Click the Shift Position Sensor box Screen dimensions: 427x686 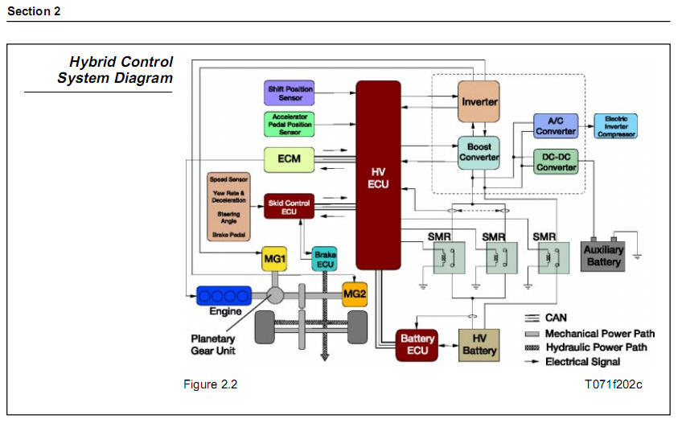click(x=290, y=92)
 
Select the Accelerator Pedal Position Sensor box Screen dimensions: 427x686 click(x=290, y=124)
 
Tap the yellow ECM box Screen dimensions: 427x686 click(x=290, y=158)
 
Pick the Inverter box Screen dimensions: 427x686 click(x=479, y=102)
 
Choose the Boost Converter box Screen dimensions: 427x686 click(x=479, y=152)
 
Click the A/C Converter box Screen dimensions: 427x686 click(x=556, y=126)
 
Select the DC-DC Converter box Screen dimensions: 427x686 click(x=556, y=162)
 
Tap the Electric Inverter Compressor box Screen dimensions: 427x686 click(x=615, y=125)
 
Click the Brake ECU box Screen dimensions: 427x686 click(x=325, y=259)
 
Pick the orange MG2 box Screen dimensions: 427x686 click(x=355, y=295)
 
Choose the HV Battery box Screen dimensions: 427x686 click(x=479, y=345)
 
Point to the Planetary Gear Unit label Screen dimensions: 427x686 click(x=213, y=344)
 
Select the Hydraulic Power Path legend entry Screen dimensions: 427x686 click(x=595, y=347)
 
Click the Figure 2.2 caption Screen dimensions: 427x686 click(x=211, y=384)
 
